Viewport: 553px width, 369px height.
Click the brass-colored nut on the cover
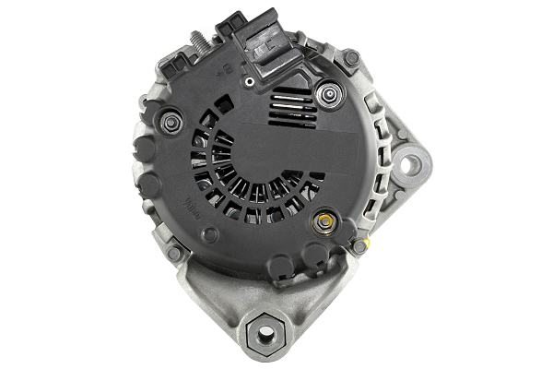(x=324, y=221)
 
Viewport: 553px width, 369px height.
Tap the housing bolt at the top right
(x=351, y=58)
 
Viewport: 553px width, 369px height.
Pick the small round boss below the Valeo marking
(x=210, y=234)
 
